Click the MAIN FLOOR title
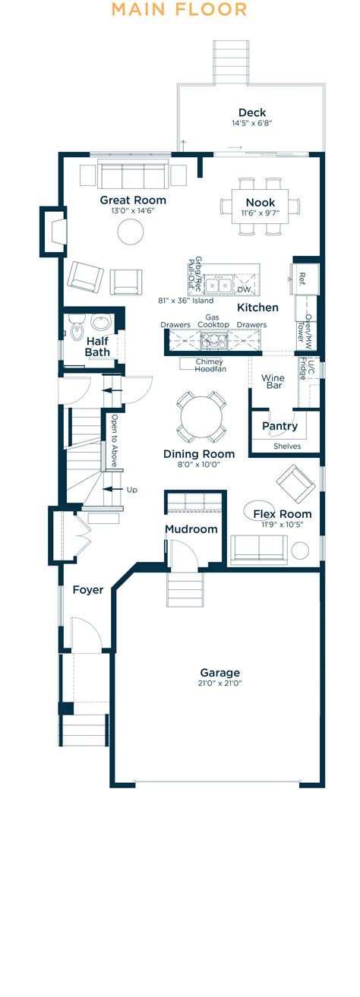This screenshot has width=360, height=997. pos(179,10)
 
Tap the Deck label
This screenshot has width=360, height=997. pos(252,112)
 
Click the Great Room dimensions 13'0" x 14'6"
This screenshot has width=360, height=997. pos(133,211)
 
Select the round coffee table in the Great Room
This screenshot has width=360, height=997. pos(129,231)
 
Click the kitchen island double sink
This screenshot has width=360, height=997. pos(221,285)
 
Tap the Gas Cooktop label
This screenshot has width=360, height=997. pos(213,320)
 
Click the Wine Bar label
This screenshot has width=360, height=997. pos(273,382)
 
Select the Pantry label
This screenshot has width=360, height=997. pos(280,426)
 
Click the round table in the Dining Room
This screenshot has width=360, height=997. pos(201,417)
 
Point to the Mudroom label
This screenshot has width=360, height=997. pos(191,529)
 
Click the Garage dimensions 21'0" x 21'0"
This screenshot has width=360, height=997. pos(220,683)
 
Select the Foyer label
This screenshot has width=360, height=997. pos(88,589)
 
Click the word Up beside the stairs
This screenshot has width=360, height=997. pos(132,490)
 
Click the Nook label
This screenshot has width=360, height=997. pos(260,203)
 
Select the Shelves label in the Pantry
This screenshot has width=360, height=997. pos(286,446)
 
